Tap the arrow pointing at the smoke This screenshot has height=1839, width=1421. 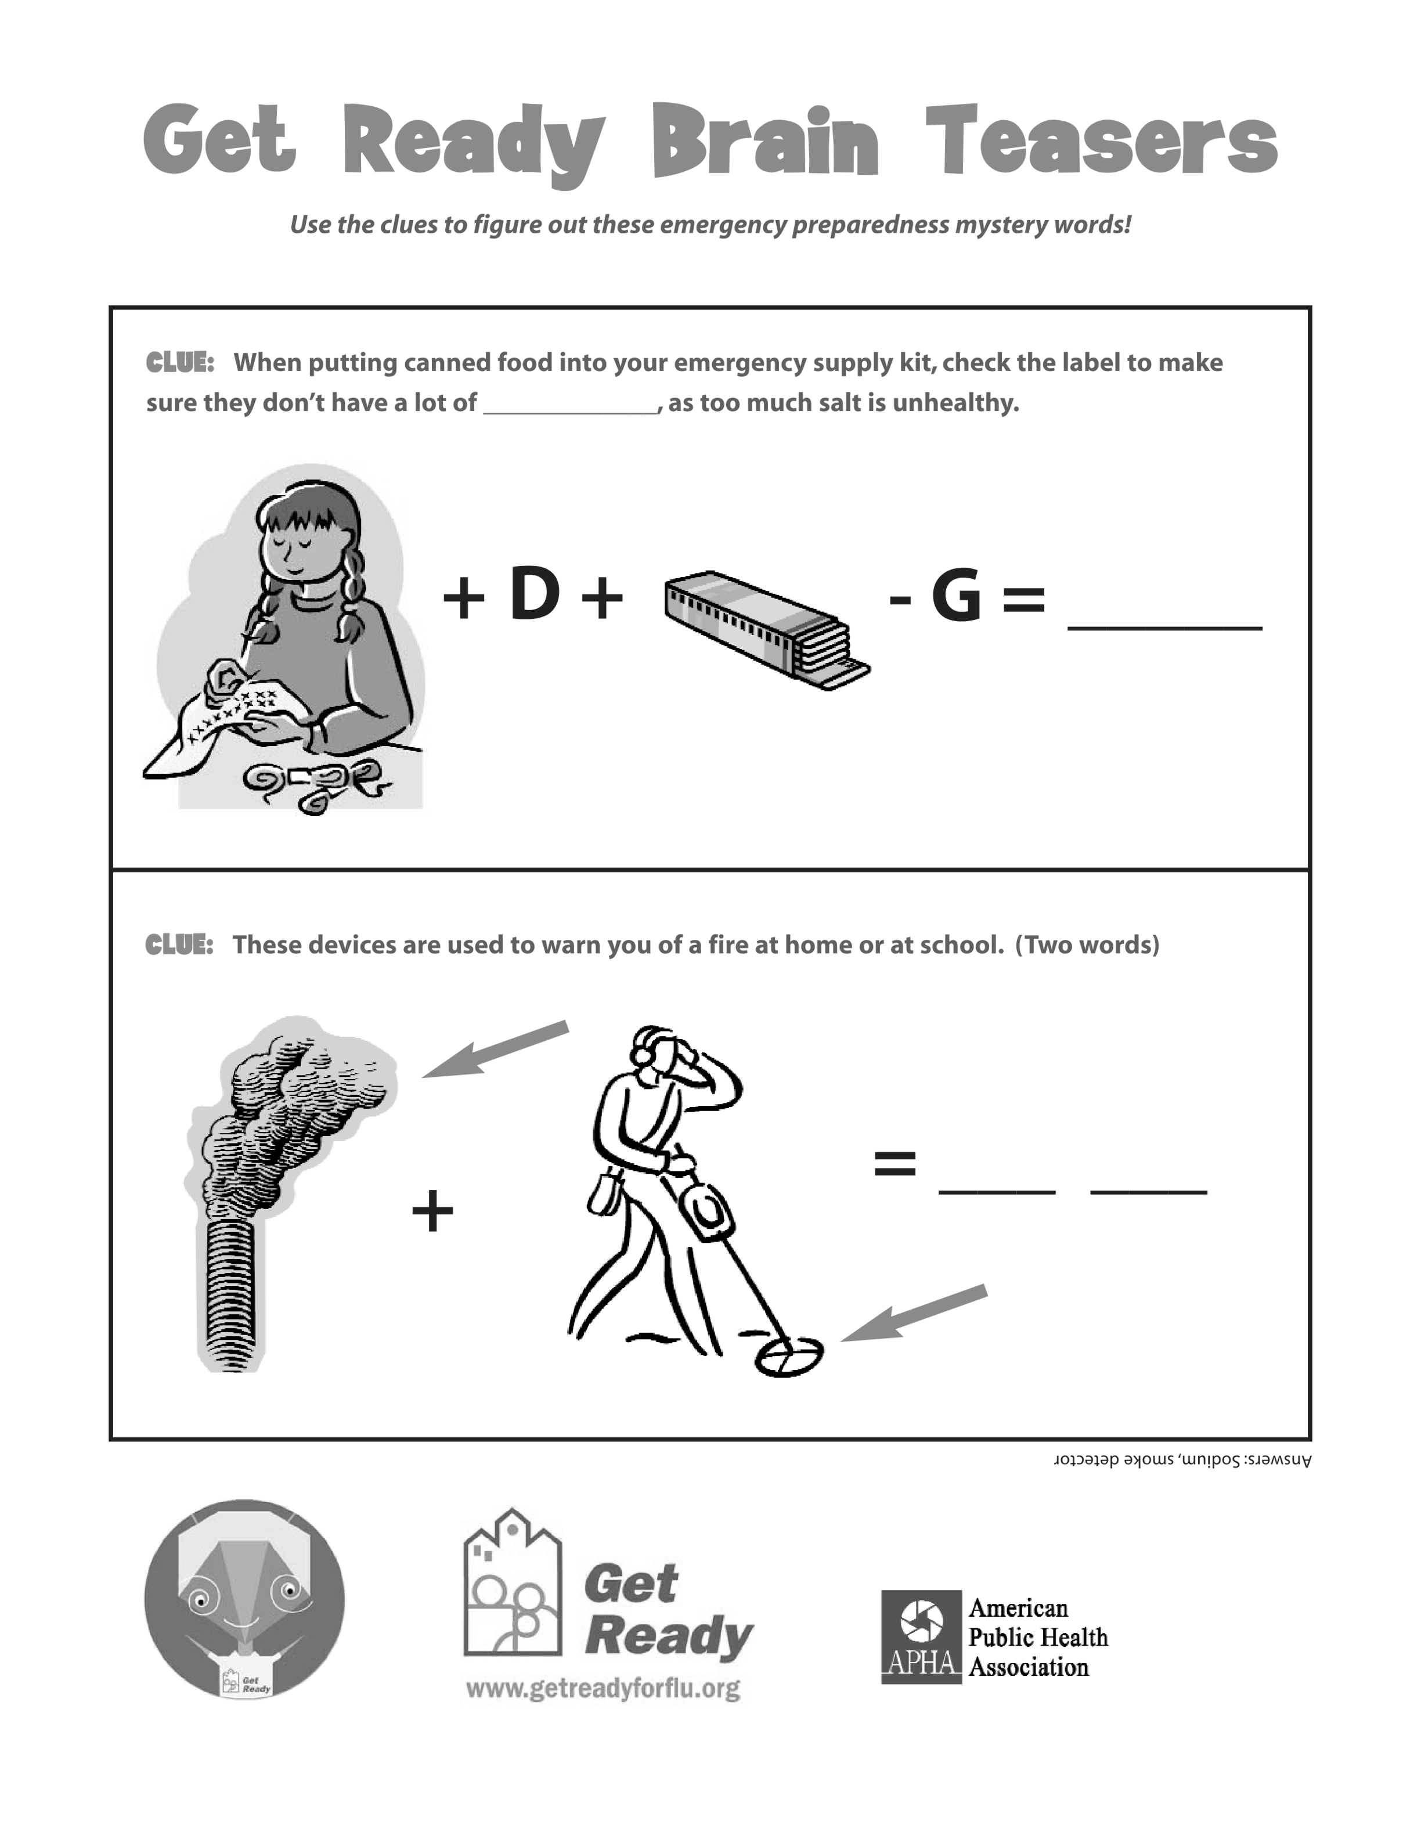pos(495,1049)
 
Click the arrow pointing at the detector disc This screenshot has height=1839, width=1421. pos(914,1312)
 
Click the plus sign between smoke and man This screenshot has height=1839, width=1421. pos(432,1211)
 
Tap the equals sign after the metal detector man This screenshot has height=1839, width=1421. pos(895,1164)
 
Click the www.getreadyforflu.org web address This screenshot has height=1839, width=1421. pos(603,1688)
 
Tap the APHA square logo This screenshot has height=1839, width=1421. pos(921,1637)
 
